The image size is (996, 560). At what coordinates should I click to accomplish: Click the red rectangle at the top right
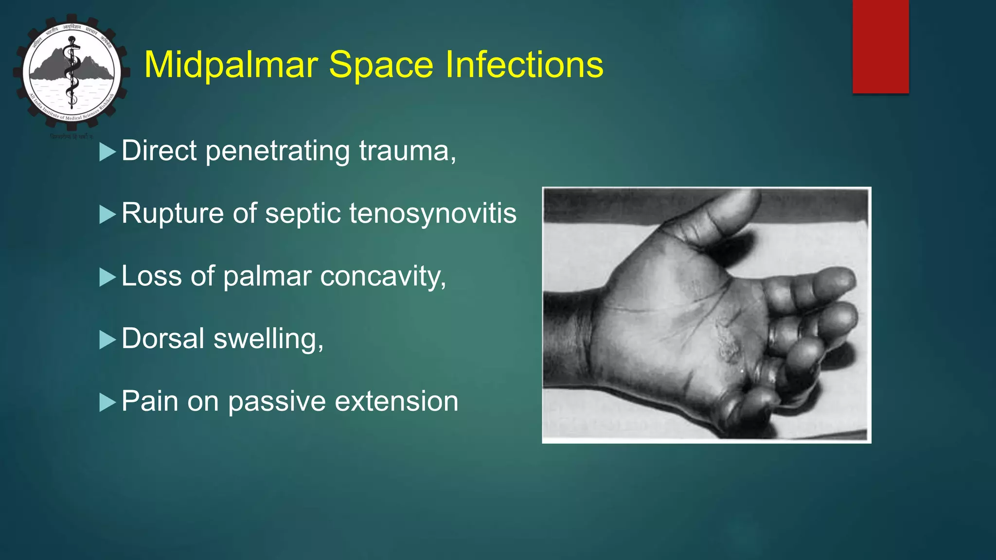pyautogui.click(x=880, y=46)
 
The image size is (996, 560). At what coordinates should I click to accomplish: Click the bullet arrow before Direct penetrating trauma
pyautogui.click(x=107, y=152)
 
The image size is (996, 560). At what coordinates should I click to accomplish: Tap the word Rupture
pyautogui.click(x=172, y=213)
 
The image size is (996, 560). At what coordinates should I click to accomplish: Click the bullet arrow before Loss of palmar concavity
pyautogui.click(x=107, y=278)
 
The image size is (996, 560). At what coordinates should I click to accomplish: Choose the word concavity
pyautogui.click(x=383, y=276)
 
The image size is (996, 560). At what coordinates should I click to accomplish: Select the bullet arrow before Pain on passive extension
pyautogui.click(x=107, y=402)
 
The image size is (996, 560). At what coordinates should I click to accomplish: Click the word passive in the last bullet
pyautogui.click(x=276, y=402)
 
